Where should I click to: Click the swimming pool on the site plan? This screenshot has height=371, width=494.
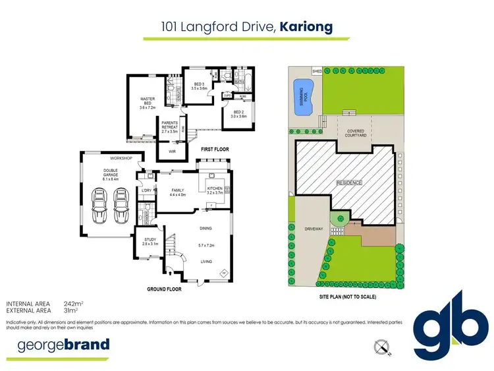[303, 98]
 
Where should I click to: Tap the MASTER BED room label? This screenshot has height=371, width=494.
[147, 102]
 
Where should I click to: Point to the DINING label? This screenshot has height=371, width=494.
[206, 229]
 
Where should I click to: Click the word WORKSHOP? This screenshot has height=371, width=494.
[121, 159]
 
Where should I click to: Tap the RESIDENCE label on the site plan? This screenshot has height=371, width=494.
[349, 182]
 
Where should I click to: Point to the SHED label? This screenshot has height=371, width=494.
[316, 70]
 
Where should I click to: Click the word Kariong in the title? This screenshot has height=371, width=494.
[306, 27]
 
